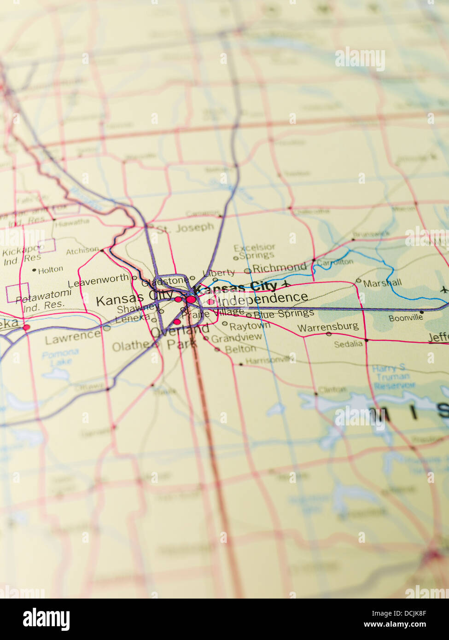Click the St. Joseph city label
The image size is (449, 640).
click(186, 228)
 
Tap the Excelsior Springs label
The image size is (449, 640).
click(254, 251)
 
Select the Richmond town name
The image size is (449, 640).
click(279, 268)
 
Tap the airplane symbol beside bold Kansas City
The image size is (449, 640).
click(286, 283)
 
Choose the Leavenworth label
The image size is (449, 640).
click(99, 280)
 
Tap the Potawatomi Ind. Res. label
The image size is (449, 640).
click(43, 300)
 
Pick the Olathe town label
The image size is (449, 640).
click(131, 346)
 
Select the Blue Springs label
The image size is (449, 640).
click(284, 314)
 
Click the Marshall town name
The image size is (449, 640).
click(382, 283)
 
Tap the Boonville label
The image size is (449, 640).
click(406, 318)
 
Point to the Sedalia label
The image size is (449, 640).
click(348, 344)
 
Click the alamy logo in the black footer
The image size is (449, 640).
click(46, 619)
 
